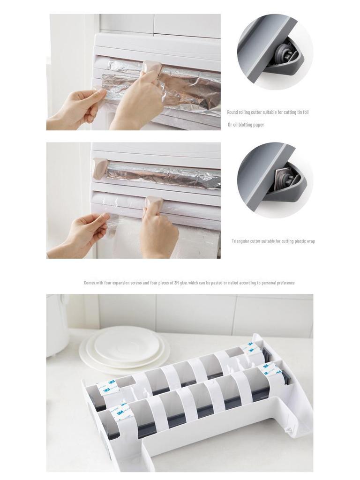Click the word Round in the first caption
232,112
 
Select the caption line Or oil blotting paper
246,125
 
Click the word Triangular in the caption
240,241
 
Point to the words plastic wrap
305,241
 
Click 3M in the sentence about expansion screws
177,283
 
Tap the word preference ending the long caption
286,283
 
